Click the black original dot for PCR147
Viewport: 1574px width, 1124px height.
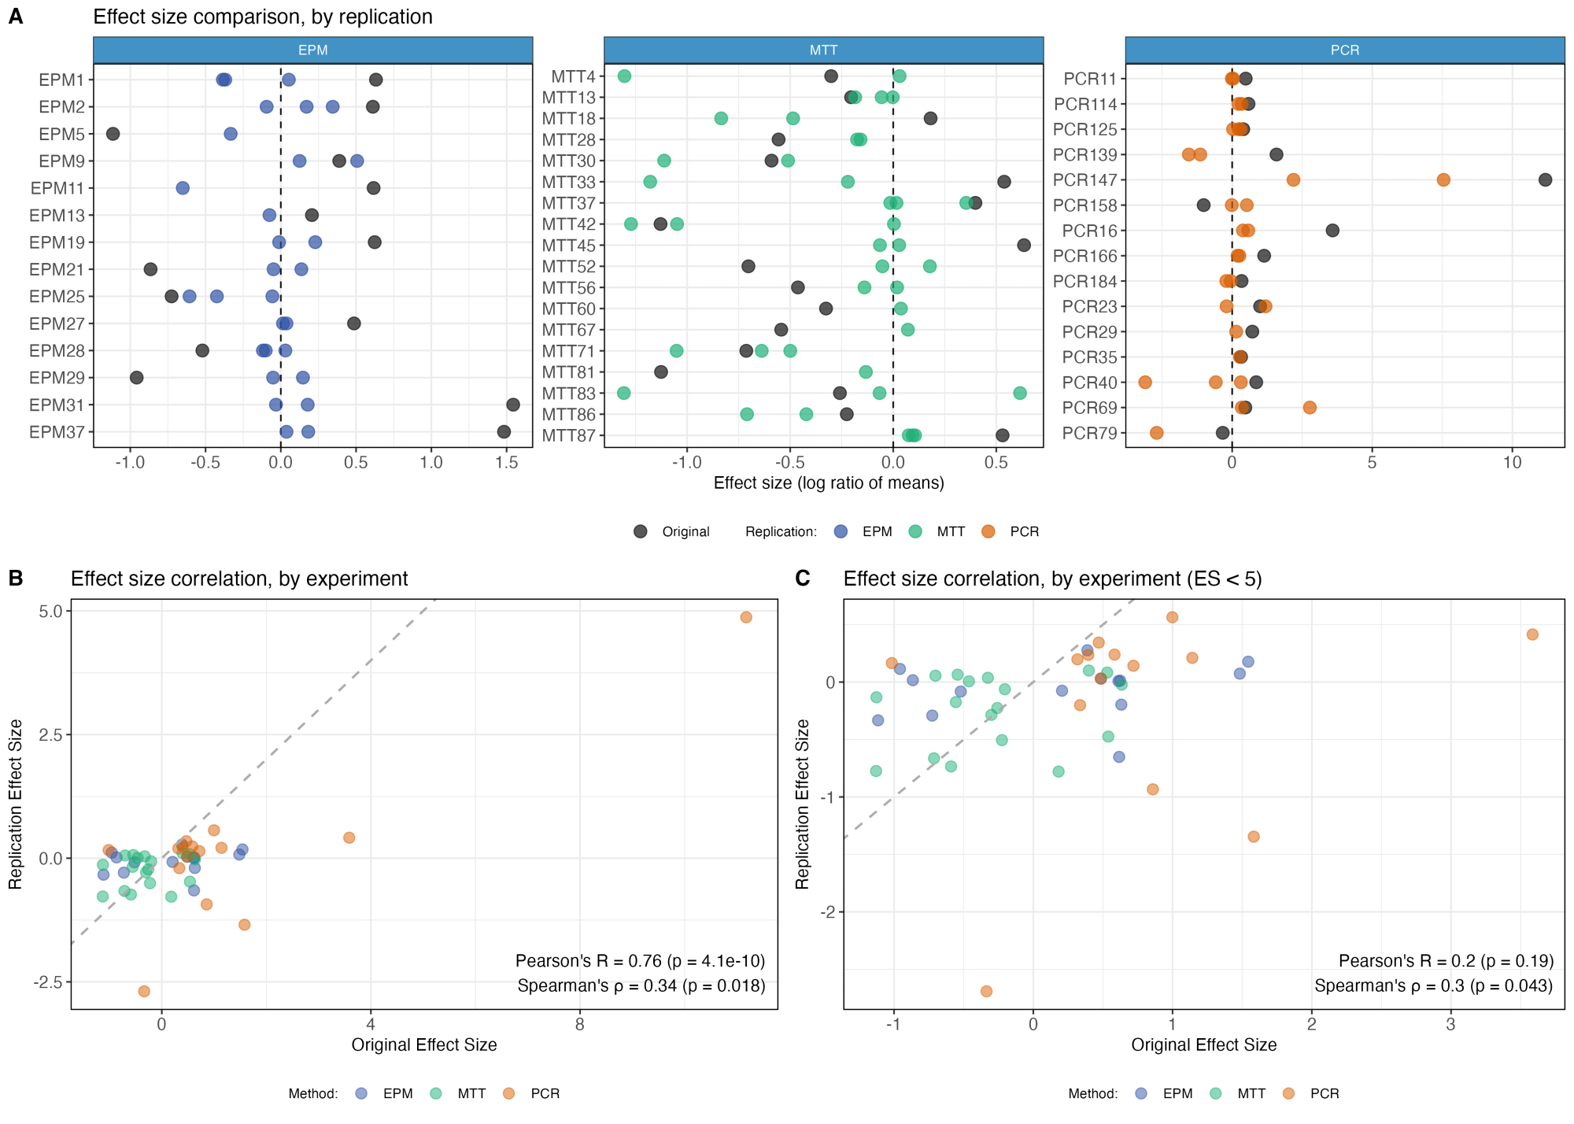click(1545, 179)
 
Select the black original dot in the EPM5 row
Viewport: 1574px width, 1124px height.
click(113, 134)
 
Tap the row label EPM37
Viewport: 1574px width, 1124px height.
click(57, 432)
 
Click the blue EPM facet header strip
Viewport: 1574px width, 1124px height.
click(312, 50)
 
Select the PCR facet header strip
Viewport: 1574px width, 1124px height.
click(1344, 50)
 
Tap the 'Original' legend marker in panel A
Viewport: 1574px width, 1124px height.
click(641, 531)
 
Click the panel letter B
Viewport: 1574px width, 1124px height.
click(16, 579)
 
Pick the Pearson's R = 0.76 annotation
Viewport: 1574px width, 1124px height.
click(640, 960)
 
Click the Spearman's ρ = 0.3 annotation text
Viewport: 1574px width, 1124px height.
click(1433, 985)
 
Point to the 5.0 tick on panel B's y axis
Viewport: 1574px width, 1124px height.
click(50, 612)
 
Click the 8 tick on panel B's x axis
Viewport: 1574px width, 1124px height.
click(580, 1024)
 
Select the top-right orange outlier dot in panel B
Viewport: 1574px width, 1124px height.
click(746, 617)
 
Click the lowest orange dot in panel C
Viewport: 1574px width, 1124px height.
click(986, 991)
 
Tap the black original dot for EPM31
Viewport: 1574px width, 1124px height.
click(513, 405)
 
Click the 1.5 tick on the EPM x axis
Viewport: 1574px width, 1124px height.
click(506, 462)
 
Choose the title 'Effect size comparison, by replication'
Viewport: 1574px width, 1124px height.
click(263, 17)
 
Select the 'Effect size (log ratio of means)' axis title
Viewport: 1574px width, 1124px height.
click(828, 483)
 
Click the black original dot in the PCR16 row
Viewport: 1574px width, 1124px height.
click(1332, 231)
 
